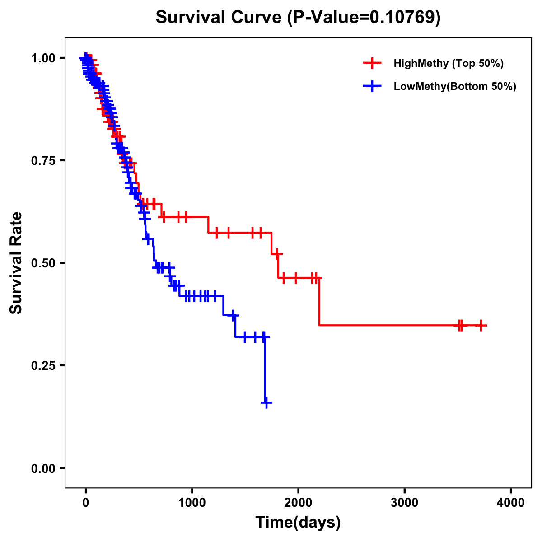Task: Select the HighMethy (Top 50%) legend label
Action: (x=448, y=63)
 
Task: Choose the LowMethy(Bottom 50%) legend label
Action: (x=455, y=86)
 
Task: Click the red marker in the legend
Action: (x=372, y=63)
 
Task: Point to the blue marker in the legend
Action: (x=372, y=86)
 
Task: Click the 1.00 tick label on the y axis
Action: (x=43, y=58)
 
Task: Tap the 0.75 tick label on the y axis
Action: (x=43, y=161)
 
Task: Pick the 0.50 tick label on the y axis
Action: (x=43, y=263)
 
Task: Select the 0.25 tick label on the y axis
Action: (x=43, y=366)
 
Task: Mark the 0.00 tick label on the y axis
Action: (x=43, y=468)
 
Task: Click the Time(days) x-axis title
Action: (x=298, y=523)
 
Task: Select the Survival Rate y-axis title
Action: (x=16, y=262)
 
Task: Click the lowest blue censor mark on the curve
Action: (x=266, y=402)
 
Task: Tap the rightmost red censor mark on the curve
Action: (x=481, y=325)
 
